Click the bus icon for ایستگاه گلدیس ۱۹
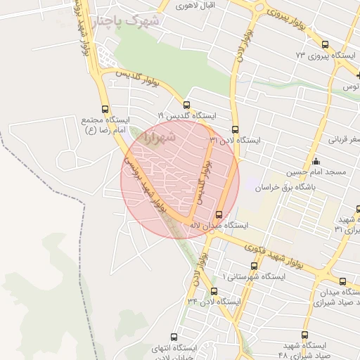tap(186, 105)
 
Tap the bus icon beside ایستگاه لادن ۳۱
tap(235, 130)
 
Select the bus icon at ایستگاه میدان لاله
tap(219, 214)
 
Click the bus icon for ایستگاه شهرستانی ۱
tap(254, 266)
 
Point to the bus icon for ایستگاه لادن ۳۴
tap(214, 292)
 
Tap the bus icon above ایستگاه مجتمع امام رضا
tap(105, 109)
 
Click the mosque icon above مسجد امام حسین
tap(316, 162)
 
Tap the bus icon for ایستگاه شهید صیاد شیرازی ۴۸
tap(304, 335)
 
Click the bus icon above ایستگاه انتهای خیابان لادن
tap(173, 337)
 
